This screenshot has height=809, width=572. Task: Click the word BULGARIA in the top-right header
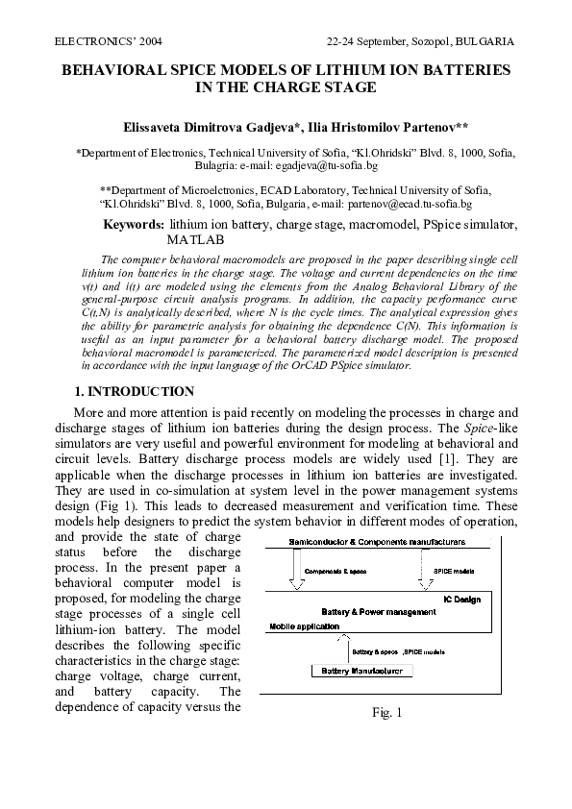(x=485, y=43)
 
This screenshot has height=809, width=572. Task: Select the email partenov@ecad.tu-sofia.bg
(x=410, y=204)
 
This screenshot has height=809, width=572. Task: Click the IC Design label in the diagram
(x=486, y=598)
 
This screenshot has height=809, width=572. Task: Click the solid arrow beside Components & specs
(x=294, y=571)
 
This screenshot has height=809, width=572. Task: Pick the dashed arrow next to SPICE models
(x=422, y=571)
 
